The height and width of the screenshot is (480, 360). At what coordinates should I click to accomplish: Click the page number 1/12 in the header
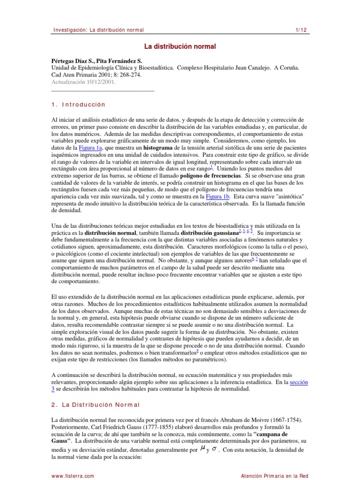tap(300, 30)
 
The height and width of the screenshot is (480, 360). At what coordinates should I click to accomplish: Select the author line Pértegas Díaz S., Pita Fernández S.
tap(97, 61)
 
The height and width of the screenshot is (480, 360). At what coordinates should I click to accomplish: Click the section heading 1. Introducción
tap(78, 105)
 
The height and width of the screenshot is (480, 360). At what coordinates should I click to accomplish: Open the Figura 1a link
tap(92, 148)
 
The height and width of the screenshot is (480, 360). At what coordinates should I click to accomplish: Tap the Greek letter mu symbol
tap(202, 449)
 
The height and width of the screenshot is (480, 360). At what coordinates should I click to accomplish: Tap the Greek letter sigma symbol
tap(214, 449)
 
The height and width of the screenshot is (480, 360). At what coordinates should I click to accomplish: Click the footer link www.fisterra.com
tap(73, 475)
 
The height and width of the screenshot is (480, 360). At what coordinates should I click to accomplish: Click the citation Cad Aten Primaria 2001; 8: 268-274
tap(96, 75)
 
